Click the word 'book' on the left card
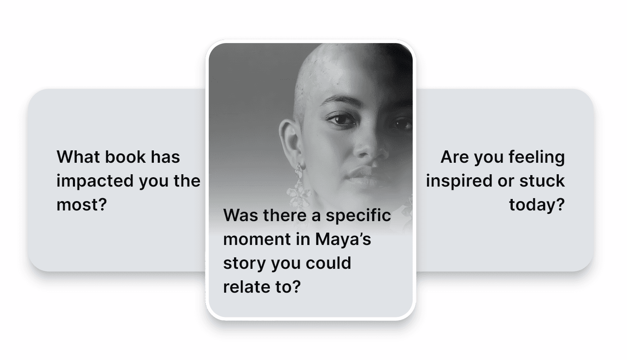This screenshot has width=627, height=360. pyautogui.click(x=125, y=157)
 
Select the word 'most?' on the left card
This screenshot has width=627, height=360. pyautogui.click(x=82, y=205)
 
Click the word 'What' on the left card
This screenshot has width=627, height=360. pyautogui.click(x=78, y=157)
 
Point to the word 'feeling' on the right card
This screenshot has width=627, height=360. pyautogui.click(x=537, y=158)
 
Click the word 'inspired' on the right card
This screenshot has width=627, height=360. pyautogui.click(x=459, y=181)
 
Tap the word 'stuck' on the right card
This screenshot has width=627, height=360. pyautogui.click(x=542, y=181)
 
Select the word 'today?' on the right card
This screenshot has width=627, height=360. pyautogui.click(x=537, y=205)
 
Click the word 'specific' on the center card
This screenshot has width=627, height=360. pyautogui.click(x=358, y=216)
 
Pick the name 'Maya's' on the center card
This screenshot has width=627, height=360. pyautogui.click(x=343, y=240)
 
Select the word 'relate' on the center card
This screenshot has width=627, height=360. pyautogui.click(x=247, y=287)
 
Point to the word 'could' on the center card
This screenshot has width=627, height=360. pyautogui.click(x=328, y=263)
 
